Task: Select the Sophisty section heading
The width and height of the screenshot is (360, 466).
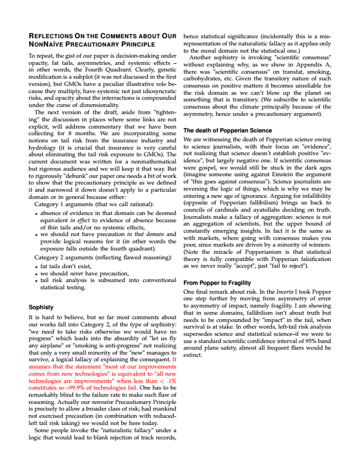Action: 41,306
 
